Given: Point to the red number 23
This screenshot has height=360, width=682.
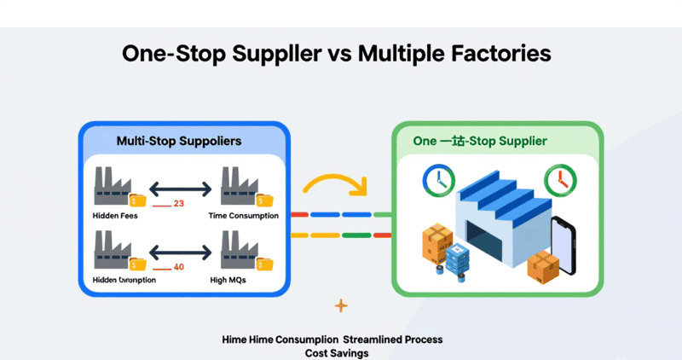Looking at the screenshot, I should [178, 204].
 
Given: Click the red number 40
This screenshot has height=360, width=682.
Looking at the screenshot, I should [178, 267].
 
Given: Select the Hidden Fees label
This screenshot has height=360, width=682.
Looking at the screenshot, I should [115, 216].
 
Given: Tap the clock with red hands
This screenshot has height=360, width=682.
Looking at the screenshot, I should [559, 180].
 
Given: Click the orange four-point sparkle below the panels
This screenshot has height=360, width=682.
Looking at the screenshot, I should [341, 305].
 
